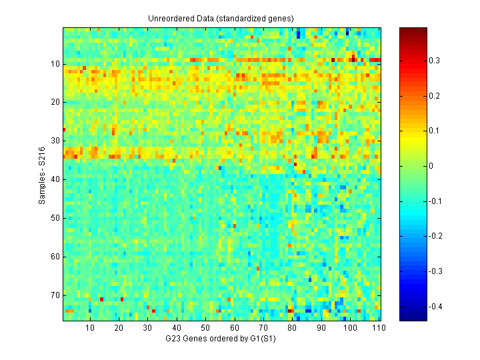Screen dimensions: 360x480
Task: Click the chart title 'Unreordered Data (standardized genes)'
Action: click(221, 18)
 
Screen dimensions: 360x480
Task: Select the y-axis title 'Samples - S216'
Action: click(41, 174)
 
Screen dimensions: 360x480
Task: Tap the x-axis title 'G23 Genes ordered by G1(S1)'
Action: click(222, 339)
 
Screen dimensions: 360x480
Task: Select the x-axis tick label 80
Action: click(292, 328)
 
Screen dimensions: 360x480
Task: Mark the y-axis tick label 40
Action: click(55, 179)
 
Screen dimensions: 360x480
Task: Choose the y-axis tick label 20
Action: click(55, 102)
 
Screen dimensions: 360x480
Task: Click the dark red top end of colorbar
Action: click(409, 30)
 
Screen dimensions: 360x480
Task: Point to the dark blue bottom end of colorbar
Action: click(409, 319)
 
